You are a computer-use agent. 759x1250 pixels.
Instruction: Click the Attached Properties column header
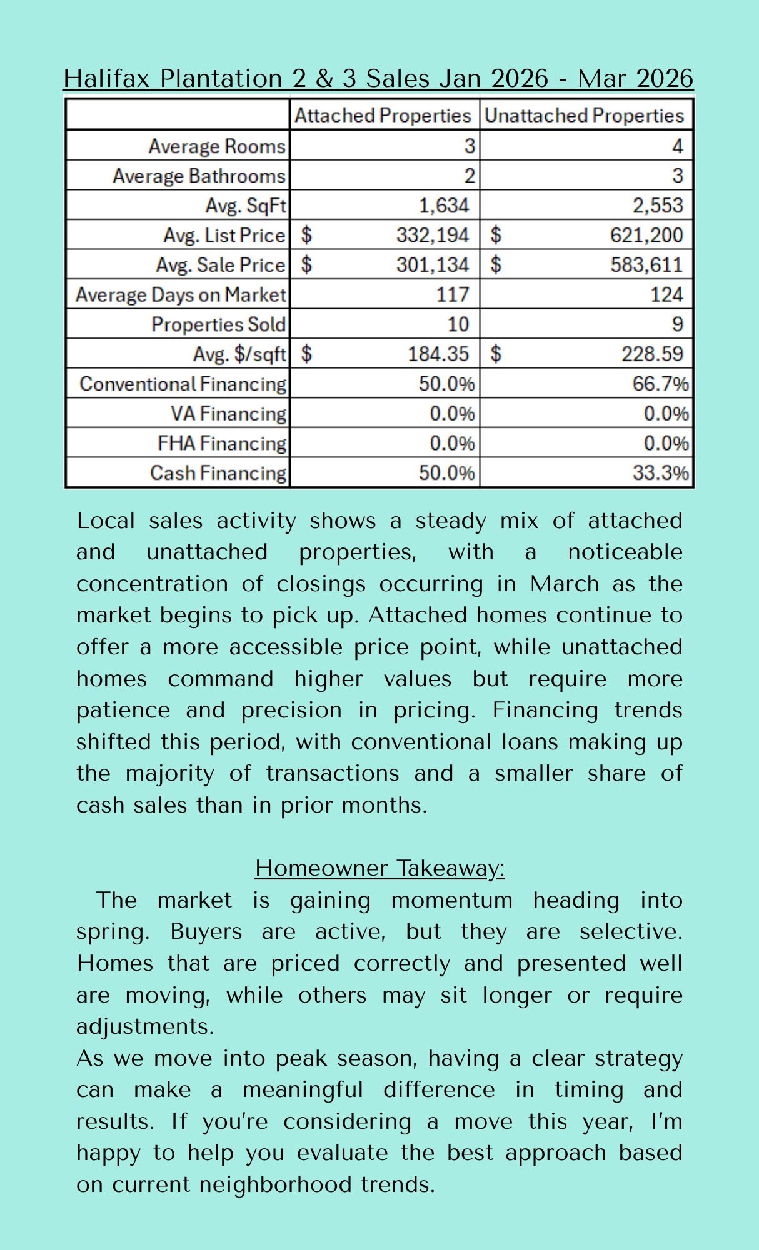pyautogui.click(x=383, y=115)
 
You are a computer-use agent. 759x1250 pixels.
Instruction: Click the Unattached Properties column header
pyautogui.click(x=585, y=115)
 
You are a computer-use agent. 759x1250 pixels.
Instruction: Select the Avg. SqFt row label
pyautogui.click(x=246, y=205)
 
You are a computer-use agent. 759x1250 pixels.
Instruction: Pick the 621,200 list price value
pyautogui.click(x=646, y=235)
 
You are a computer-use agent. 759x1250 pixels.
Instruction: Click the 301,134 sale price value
pyautogui.click(x=432, y=265)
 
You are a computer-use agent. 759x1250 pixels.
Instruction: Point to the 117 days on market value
pyautogui.click(x=452, y=294)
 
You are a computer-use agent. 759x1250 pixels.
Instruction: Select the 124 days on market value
pyautogui.click(x=666, y=294)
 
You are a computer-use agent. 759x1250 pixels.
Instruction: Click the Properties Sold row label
pyautogui.click(x=218, y=324)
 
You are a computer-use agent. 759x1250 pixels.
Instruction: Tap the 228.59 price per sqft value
pyautogui.click(x=652, y=354)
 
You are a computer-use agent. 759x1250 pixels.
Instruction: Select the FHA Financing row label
pyautogui.click(x=222, y=443)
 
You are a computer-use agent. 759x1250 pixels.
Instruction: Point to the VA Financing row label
pyautogui.click(x=228, y=414)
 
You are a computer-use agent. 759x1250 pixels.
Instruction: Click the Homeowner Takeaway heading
pyautogui.click(x=379, y=868)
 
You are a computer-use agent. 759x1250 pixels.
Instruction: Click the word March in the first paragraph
pyautogui.click(x=565, y=584)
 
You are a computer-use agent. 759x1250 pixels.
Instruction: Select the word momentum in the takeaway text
pyautogui.click(x=451, y=900)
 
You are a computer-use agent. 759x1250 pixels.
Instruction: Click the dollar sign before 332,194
pyautogui.click(x=306, y=235)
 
